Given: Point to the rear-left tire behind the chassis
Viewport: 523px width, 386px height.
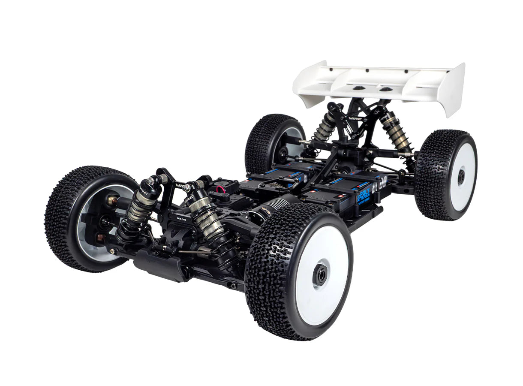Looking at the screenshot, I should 270,142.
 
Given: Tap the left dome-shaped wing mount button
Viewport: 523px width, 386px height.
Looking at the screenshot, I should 357,87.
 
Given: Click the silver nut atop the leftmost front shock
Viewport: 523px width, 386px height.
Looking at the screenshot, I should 150,181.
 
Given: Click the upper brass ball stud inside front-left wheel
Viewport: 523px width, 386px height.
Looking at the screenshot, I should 110,200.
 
